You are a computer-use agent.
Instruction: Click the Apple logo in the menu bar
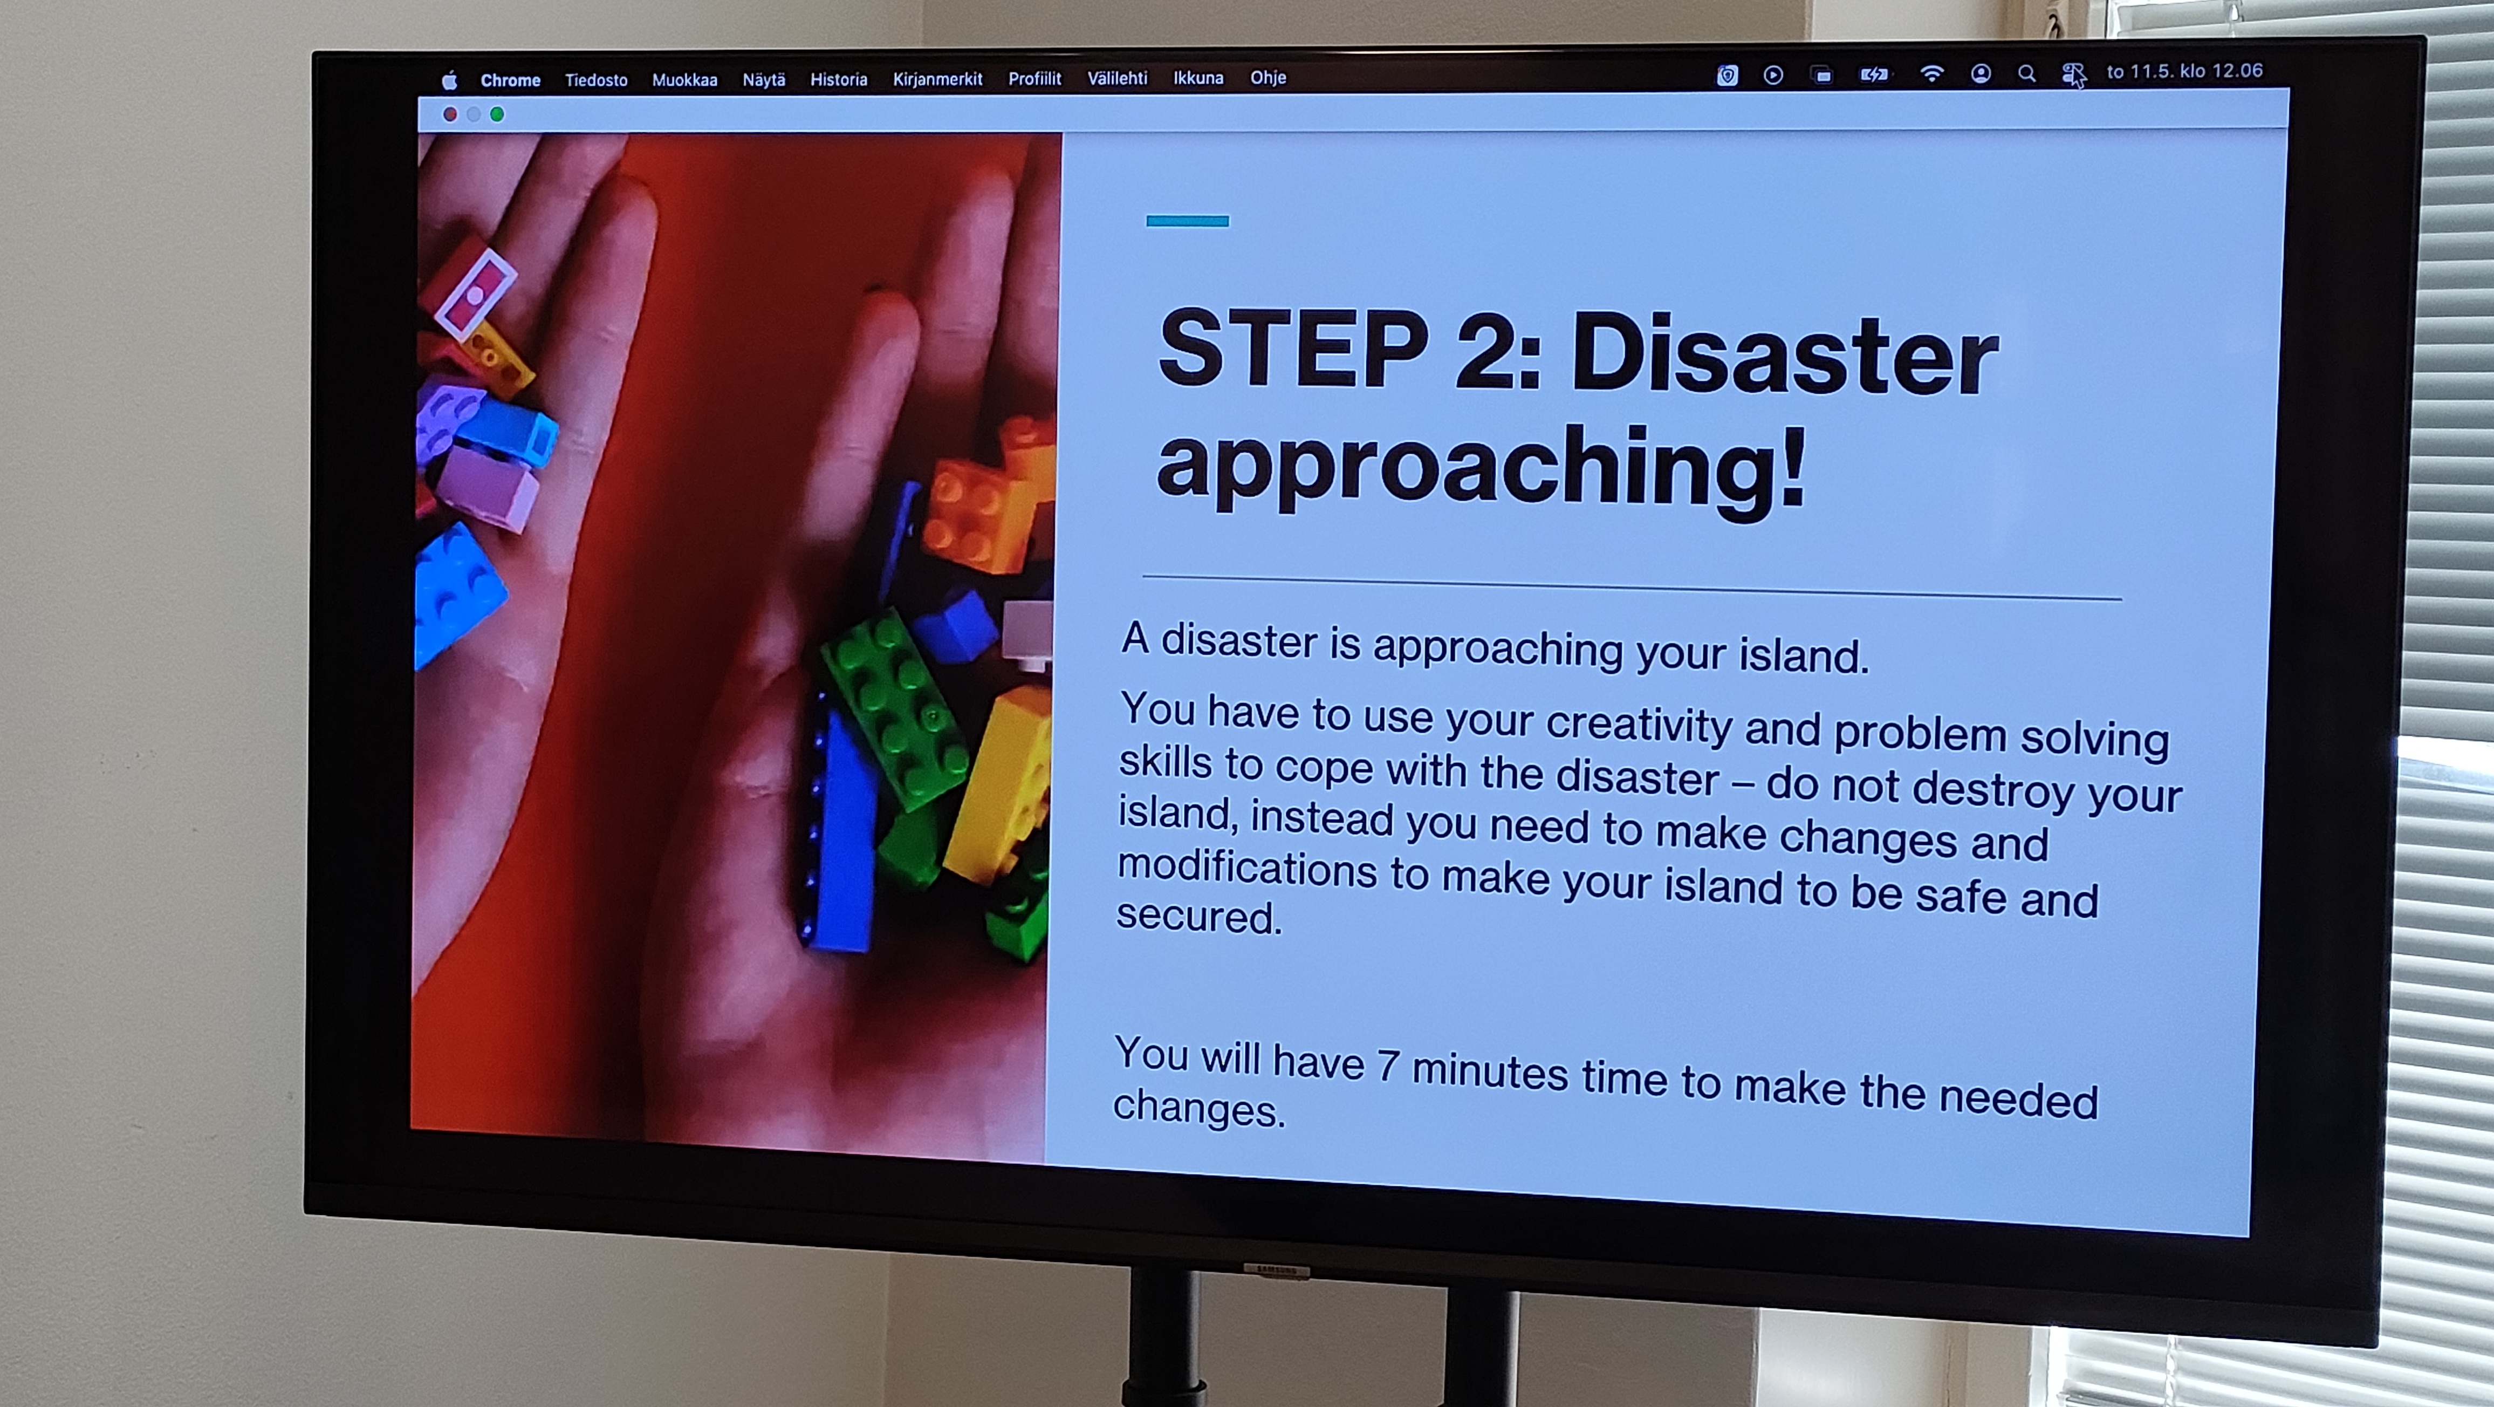(x=449, y=80)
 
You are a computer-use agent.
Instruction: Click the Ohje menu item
(x=1267, y=78)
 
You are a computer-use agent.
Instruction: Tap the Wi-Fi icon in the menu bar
(x=1931, y=73)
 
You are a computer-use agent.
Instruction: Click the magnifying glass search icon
(x=2026, y=73)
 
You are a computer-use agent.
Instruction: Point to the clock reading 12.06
(x=2237, y=71)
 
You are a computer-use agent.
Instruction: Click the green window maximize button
(x=497, y=114)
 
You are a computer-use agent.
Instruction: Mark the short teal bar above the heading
(x=1187, y=221)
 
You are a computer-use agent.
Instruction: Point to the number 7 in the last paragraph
(x=1387, y=1065)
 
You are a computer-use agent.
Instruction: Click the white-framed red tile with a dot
(x=475, y=293)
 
